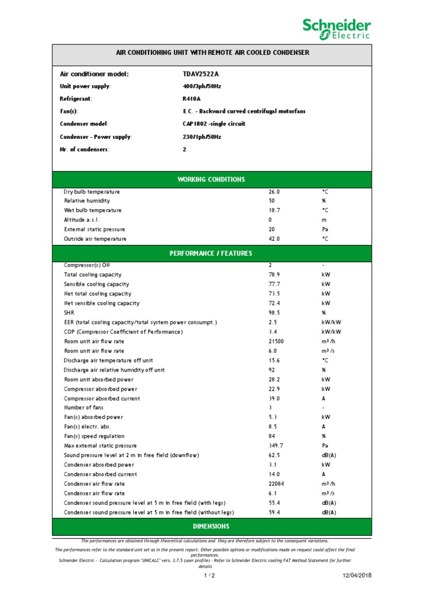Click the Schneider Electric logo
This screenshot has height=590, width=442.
(337, 29)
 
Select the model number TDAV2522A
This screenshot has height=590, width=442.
(201, 74)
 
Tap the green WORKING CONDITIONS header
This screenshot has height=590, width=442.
(211, 179)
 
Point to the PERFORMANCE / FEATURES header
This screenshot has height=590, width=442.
(211, 254)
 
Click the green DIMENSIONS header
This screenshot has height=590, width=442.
(211, 526)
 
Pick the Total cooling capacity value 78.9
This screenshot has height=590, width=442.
(274, 275)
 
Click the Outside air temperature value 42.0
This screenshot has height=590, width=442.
(274, 239)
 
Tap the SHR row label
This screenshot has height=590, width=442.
(69, 313)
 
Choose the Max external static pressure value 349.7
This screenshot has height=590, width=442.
(276, 445)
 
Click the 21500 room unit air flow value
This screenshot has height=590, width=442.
(276, 341)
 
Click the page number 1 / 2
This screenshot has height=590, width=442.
(209, 576)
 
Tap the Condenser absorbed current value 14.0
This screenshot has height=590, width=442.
(274, 474)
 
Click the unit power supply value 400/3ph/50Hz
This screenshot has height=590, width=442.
(201, 86)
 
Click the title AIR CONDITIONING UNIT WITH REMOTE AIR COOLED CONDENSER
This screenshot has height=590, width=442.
(212, 52)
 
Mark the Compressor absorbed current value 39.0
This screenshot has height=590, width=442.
(274, 398)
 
